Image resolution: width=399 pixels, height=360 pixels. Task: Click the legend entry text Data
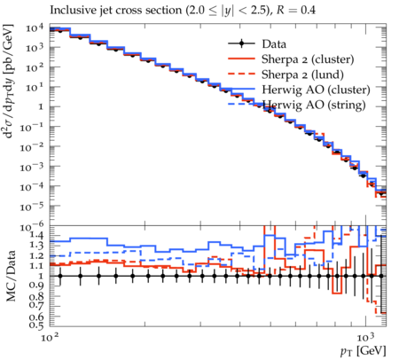[274, 44]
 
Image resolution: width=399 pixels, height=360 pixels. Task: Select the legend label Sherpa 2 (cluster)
[308, 59]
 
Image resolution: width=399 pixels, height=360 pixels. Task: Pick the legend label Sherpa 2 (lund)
[302, 74]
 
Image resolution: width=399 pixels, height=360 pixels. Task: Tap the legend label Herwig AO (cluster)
[316, 90]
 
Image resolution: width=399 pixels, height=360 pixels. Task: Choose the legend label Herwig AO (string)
[314, 105]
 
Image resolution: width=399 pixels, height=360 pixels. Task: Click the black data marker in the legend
[241, 43]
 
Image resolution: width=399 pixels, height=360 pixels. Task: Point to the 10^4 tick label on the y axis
[35, 28]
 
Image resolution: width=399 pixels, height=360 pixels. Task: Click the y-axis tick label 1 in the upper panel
[41, 106]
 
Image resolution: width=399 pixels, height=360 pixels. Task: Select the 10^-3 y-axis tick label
[32, 167]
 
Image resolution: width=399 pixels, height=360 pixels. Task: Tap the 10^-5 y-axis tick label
[32, 207]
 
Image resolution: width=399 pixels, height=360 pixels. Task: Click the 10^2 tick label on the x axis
[49, 337]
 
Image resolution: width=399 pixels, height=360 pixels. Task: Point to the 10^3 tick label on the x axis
[365, 337]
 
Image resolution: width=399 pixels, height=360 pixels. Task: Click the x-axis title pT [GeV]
[364, 351]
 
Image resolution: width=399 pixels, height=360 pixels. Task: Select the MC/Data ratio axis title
[12, 276]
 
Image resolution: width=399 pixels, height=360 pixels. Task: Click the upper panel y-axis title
[9, 82]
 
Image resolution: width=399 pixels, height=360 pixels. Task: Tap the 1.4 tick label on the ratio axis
[36, 235]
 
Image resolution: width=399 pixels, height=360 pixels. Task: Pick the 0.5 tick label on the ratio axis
[36, 325]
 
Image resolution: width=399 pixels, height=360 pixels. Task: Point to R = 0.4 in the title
[295, 11]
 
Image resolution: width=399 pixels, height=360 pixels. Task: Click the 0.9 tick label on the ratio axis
[36, 286]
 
